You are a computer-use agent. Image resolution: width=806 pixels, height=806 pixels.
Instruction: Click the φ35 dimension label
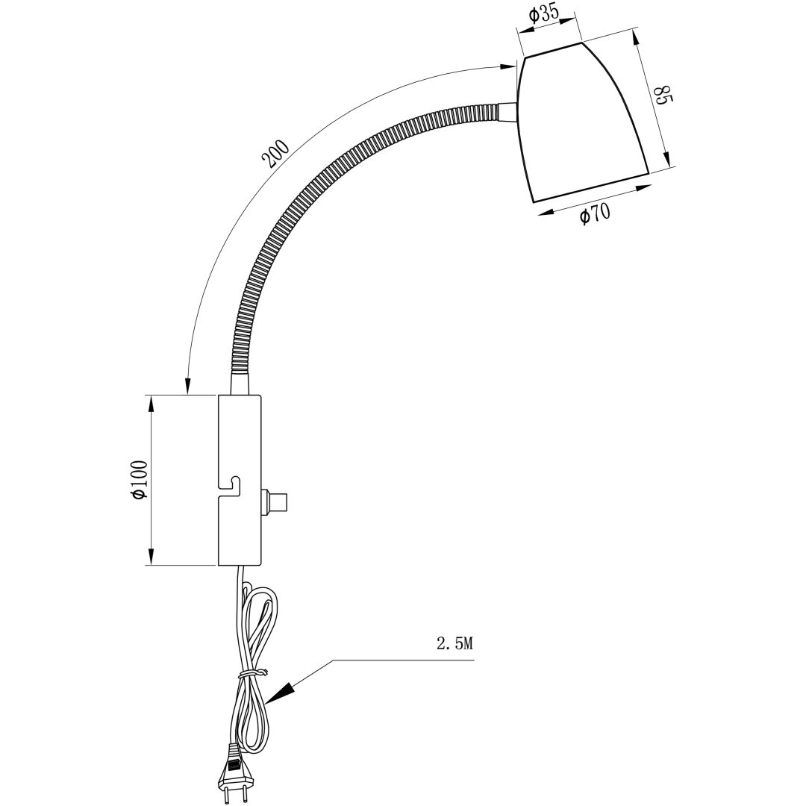543,14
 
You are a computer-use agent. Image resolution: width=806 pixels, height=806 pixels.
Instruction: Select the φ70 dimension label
595,213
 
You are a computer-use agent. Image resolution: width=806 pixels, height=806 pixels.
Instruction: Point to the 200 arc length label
276,154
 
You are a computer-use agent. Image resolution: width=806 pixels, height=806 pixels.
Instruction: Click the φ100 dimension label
140,479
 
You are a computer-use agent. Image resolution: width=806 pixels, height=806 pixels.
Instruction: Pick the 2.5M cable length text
454,643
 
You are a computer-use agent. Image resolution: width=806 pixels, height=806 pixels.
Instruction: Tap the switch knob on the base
275,502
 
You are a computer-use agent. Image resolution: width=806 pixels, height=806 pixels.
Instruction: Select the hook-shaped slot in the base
231,487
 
